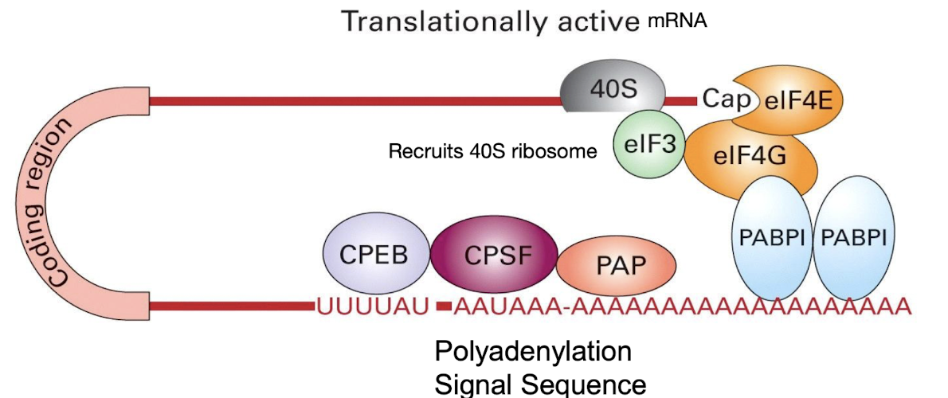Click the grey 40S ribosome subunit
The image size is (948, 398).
(612, 89)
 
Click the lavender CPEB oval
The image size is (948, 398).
(374, 256)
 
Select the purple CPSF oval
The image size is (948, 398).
(494, 256)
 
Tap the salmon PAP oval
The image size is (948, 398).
(616, 265)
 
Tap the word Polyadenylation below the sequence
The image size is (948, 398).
(532, 351)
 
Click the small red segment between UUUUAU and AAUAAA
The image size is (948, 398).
(444, 306)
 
